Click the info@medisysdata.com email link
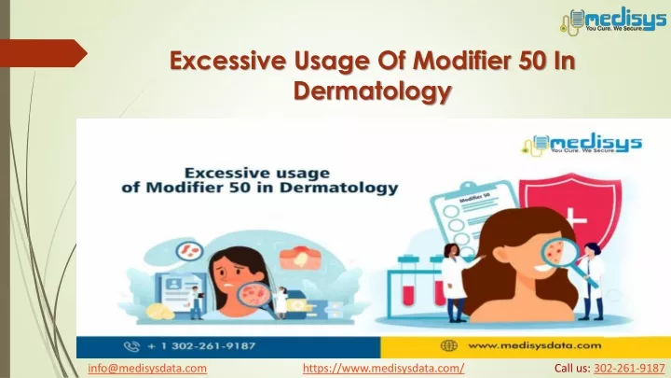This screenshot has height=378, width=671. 147,368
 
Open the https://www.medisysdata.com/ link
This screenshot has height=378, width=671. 383,368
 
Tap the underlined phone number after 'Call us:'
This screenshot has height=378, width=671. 629,368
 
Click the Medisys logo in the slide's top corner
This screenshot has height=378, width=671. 613,20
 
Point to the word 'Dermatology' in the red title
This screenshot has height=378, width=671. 372,91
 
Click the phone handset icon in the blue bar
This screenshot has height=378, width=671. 131,346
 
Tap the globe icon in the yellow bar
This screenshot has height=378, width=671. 449,345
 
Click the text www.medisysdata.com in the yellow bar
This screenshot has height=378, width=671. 535,345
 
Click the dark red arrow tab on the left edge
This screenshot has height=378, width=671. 43,53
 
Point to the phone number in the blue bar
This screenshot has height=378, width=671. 201,346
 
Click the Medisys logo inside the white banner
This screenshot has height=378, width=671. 582,143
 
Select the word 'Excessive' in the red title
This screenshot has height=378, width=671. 227,61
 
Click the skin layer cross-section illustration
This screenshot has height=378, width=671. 300,258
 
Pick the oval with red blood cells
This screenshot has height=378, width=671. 190,251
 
